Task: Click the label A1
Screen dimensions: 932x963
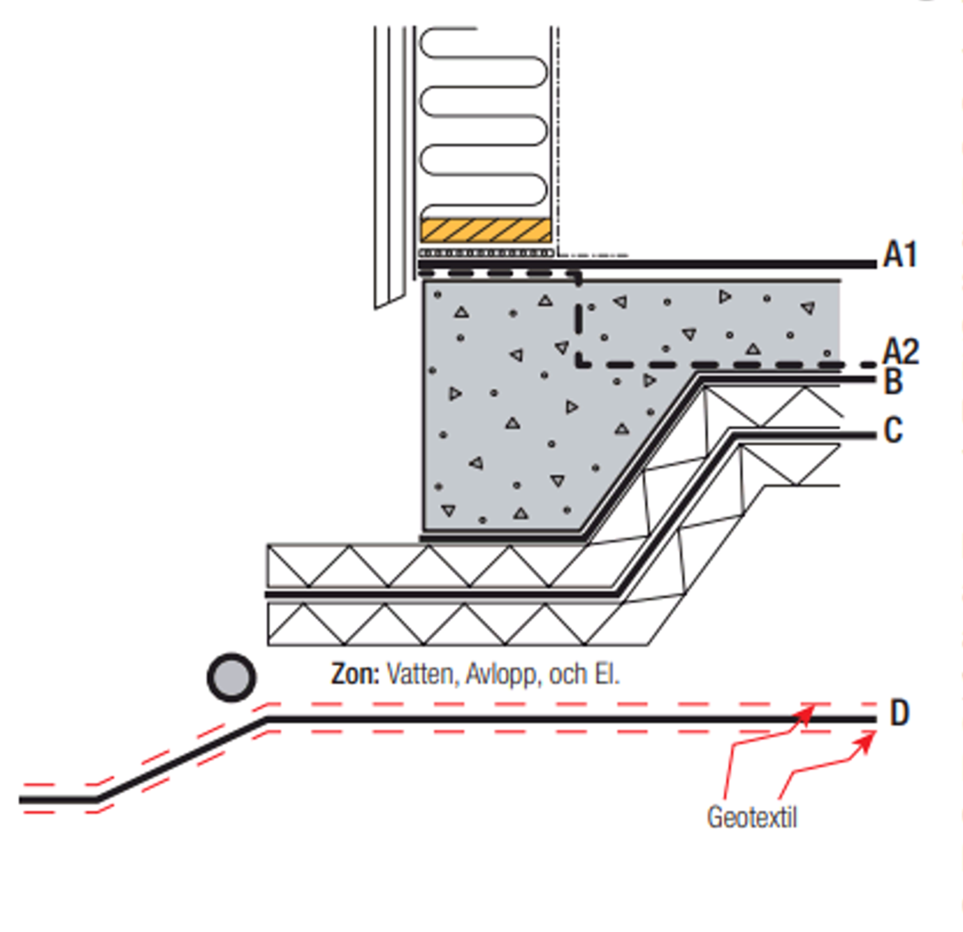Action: click(x=900, y=255)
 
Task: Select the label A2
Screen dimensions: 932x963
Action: click(x=901, y=352)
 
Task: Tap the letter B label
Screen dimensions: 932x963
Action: click(x=893, y=382)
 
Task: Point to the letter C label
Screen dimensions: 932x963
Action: click(x=893, y=430)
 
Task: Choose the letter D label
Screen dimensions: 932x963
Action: click(x=899, y=713)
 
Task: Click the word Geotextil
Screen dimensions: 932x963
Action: click(x=752, y=818)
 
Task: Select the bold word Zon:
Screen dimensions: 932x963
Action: click(x=355, y=674)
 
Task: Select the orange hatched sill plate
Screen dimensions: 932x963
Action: click(x=486, y=230)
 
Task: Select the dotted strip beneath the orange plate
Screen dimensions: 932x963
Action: click(x=486, y=253)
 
